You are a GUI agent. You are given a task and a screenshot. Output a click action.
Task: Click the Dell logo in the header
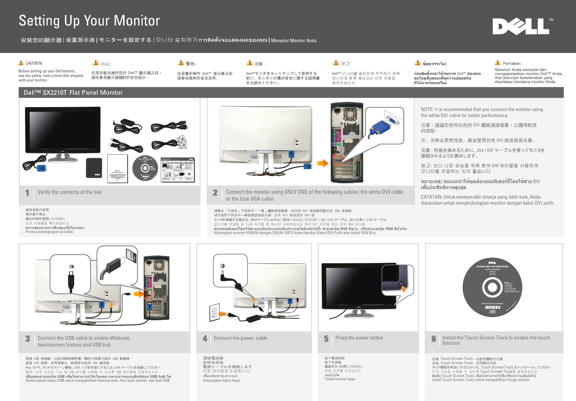(521, 26)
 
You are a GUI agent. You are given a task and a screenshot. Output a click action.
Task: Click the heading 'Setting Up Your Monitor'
(89, 21)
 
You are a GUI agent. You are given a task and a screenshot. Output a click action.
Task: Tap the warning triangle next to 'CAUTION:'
(21, 63)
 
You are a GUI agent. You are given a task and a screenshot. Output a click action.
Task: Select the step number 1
(27, 193)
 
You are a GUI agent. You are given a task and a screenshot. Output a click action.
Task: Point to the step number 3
(28, 339)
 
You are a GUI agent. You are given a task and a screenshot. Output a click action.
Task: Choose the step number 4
(205, 339)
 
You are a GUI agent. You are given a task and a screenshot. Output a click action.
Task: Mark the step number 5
(326, 339)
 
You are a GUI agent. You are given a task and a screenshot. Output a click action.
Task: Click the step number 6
(434, 339)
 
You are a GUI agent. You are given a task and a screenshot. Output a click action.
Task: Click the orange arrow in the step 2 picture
(322, 163)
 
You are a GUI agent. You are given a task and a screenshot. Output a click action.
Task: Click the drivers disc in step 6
(492, 287)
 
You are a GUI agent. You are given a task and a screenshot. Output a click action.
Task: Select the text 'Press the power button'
(359, 338)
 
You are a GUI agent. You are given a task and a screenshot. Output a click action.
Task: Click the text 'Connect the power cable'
(241, 338)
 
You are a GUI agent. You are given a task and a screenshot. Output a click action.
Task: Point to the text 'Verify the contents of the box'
(69, 192)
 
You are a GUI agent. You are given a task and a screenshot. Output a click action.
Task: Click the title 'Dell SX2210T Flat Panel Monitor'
(73, 93)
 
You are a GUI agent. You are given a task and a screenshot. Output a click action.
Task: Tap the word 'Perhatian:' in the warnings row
(512, 63)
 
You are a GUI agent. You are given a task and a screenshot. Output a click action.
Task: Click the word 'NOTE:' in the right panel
(427, 110)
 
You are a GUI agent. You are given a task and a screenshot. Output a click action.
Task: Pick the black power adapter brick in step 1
(94, 168)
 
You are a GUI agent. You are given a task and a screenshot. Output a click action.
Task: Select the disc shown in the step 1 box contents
(145, 168)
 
